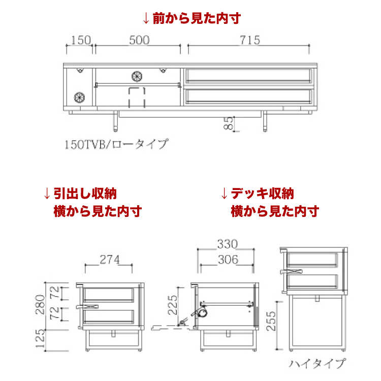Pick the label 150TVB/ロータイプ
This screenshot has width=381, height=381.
pyautogui.click(x=115, y=144)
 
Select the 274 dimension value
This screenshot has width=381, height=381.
pyautogui.click(x=109, y=260)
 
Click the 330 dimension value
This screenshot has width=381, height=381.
pyautogui.click(x=225, y=245)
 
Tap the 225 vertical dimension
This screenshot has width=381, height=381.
pyautogui.click(x=173, y=305)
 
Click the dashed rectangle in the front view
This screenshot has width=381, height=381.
pyautogui.click(x=137, y=97)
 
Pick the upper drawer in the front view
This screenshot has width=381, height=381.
pyautogui.click(x=248, y=76)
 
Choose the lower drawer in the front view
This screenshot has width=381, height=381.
pyautogui.click(x=248, y=96)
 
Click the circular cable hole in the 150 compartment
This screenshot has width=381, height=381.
pyautogui.click(x=79, y=96)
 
